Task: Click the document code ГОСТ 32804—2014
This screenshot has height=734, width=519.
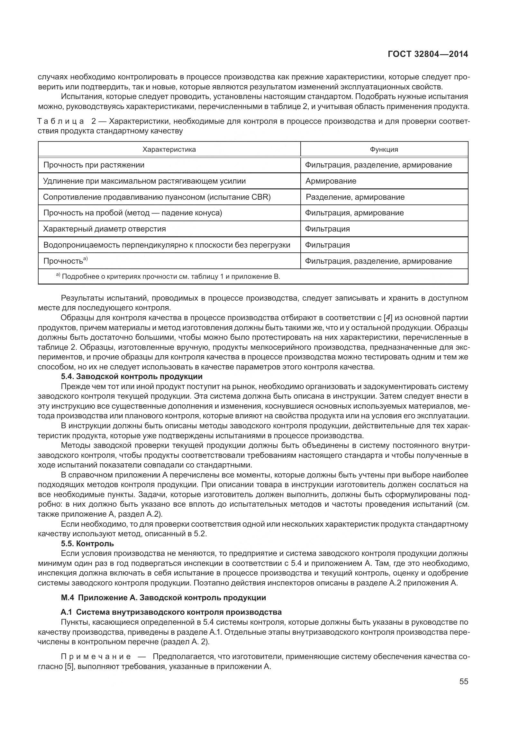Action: pos(427,54)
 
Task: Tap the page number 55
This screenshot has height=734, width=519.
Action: pos(463,691)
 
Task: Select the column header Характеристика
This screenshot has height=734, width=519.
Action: pos(169,150)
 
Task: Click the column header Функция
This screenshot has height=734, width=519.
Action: pos(384,150)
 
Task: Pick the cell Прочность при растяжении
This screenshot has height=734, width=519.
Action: pos(94,165)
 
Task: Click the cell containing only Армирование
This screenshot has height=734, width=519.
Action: pos(331,181)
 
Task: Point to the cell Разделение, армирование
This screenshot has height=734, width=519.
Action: pos(355,197)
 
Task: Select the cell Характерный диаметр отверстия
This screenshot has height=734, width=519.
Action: pos(105,229)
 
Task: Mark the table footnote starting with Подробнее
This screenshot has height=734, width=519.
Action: pos(170,277)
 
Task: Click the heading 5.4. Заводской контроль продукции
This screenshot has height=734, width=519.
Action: pos(132,376)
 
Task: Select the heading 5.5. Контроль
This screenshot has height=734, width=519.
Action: pos(87,543)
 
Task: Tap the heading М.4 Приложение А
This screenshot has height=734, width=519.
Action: pos(163,598)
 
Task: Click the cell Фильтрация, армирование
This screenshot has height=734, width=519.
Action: pos(354,213)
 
